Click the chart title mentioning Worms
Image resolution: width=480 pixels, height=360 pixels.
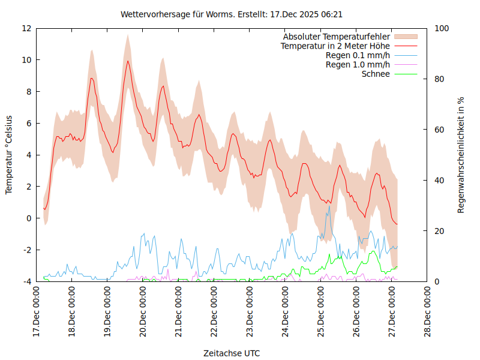232,14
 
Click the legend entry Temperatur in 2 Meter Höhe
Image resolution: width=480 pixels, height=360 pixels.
335,46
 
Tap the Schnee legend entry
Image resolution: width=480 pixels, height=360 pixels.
376,74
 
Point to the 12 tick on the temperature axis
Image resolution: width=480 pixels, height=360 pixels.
28,28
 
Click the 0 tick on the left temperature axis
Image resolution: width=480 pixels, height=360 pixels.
29,218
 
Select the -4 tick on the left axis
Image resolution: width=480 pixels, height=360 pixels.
28,281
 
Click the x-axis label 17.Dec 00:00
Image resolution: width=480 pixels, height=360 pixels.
37,313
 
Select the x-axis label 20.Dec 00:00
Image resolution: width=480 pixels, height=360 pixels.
143,313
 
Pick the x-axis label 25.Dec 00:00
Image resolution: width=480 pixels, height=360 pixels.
321,313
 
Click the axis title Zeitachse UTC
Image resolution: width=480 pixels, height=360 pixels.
232,353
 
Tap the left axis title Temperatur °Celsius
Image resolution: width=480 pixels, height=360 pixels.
9,154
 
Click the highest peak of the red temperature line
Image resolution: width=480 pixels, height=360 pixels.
127,61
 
